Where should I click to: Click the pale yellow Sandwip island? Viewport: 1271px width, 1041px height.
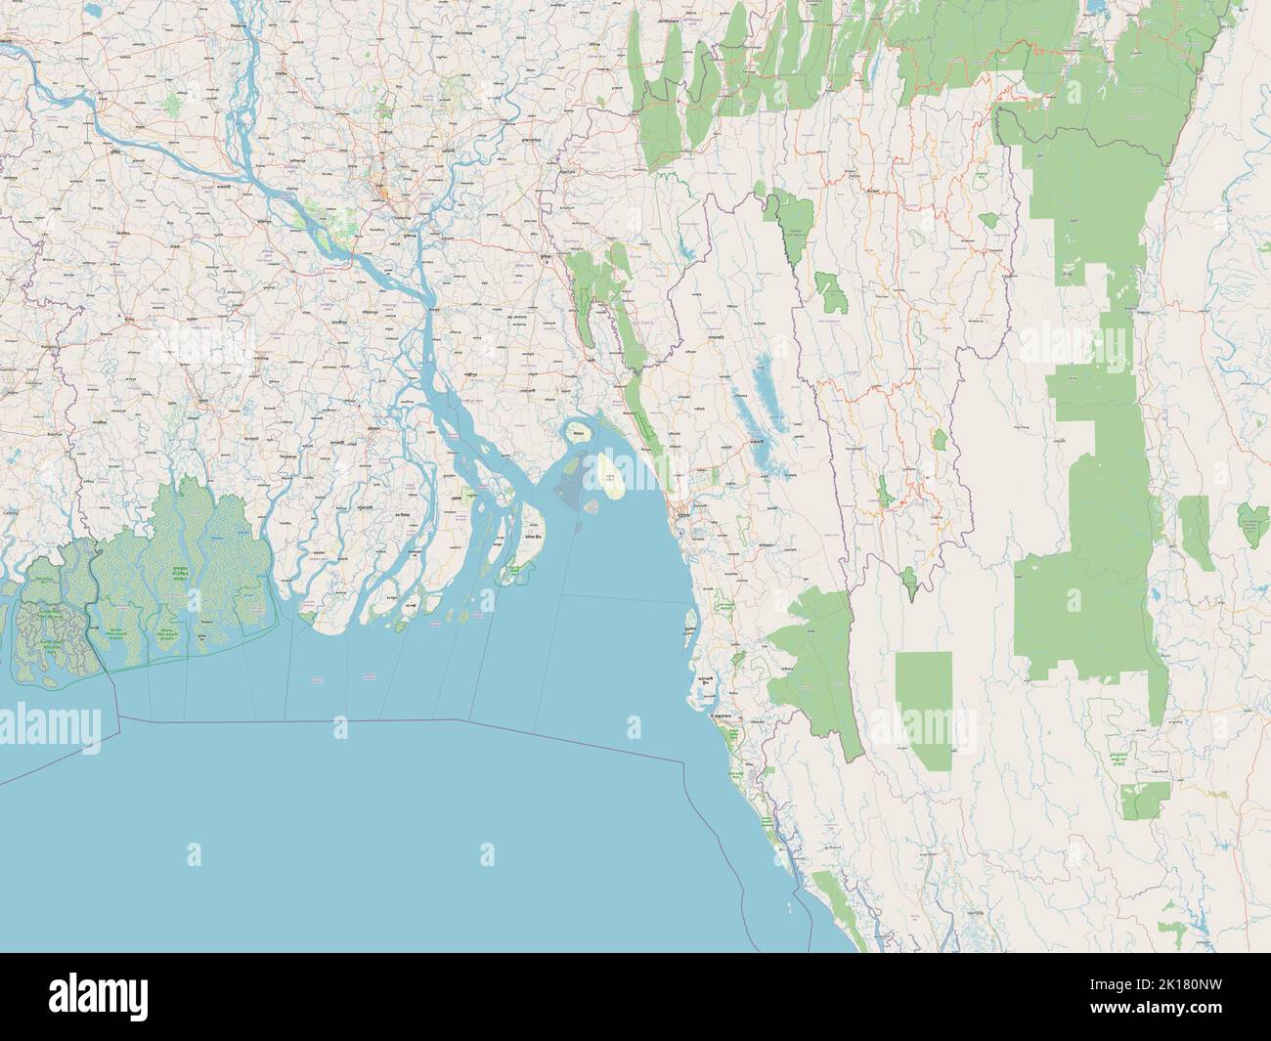pyautogui.click(x=611, y=474)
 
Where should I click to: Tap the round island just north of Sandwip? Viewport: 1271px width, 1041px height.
pyautogui.click(x=577, y=430)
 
